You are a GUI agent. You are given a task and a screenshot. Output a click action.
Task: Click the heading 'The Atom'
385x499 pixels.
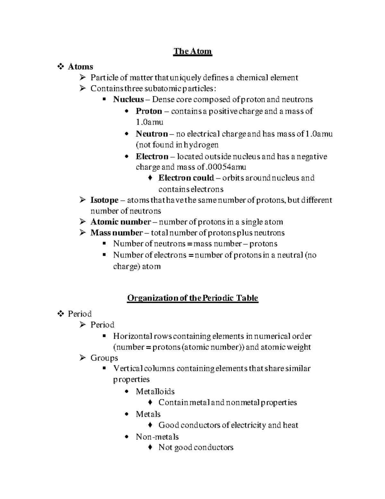193,51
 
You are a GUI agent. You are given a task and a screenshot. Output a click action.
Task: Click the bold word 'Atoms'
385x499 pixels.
80,67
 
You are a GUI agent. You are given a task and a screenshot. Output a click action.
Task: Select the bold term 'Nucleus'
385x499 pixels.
128,100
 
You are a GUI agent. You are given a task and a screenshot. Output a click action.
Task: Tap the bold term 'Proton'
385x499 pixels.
149,111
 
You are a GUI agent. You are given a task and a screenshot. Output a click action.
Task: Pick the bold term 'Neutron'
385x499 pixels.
151,134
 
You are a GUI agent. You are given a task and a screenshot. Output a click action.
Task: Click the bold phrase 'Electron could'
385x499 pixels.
186,178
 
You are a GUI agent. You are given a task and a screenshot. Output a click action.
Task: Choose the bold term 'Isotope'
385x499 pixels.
104,200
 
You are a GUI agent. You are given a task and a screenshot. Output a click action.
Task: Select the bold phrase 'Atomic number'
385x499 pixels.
120,222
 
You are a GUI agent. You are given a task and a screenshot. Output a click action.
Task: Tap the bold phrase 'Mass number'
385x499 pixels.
116,233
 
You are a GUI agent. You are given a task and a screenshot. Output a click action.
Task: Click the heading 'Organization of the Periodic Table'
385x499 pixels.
193,298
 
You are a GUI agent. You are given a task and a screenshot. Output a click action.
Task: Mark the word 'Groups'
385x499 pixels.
104,358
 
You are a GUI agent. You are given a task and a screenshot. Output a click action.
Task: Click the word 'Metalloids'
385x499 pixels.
155,391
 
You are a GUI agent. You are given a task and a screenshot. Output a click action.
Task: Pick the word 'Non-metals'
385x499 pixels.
157,437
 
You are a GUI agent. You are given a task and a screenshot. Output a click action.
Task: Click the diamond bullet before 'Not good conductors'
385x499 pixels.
150,448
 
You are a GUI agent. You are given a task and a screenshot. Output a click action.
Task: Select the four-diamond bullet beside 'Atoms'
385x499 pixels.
60,67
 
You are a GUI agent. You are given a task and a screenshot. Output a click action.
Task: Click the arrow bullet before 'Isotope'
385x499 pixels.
83,200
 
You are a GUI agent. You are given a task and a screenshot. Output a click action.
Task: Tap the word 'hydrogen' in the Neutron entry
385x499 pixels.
201,145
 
